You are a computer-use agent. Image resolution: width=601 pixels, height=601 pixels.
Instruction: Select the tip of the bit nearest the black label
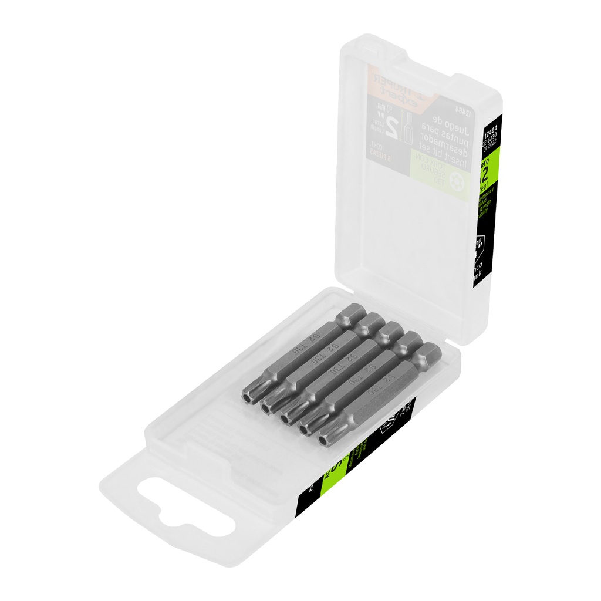click(x=325, y=437)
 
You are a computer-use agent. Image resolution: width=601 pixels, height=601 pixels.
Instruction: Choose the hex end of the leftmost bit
click(x=350, y=313)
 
